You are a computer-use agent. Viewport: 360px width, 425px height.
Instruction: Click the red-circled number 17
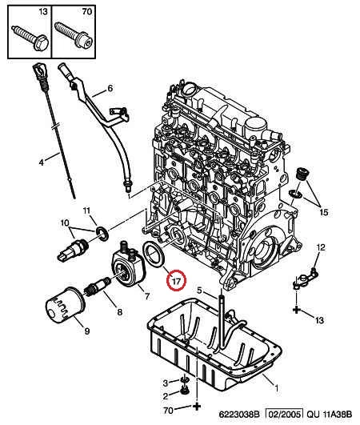[x=176, y=281]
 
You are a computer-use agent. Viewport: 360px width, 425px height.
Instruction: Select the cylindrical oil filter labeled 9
[x=65, y=307]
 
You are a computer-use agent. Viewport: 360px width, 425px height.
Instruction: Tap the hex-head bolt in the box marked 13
[x=30, y=38]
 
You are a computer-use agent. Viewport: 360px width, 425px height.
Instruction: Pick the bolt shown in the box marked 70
[x=74, y=35]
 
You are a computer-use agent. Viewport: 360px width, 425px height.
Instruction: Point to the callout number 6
[x=110, y=88]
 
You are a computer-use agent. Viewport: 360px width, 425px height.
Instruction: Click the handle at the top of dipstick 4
[x=39, y=70]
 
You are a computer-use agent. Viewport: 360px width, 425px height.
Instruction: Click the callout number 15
[x=324, y=212]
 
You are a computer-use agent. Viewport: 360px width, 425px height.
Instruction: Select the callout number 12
[x=321, y=247]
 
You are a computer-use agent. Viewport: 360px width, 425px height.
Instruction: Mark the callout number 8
[x=119, y=312]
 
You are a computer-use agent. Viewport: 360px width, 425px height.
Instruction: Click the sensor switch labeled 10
[x=74, y=249]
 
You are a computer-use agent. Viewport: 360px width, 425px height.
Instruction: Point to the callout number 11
[x=86, y=210]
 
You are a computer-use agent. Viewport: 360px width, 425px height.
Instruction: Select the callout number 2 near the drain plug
[x=166, y=396]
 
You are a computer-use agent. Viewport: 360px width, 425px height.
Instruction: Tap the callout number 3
[x=166, y=383]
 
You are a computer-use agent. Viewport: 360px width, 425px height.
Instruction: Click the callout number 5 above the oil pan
[x=199, y=291]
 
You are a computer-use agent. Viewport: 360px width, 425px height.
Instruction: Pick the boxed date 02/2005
[x=285, y=415]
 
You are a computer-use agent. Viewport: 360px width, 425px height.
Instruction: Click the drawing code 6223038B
[x=239, y=415]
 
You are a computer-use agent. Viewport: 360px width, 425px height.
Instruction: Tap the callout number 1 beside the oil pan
[x=276, y=389]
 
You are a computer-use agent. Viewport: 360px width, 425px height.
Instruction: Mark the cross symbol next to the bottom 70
[x=197, y=407]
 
